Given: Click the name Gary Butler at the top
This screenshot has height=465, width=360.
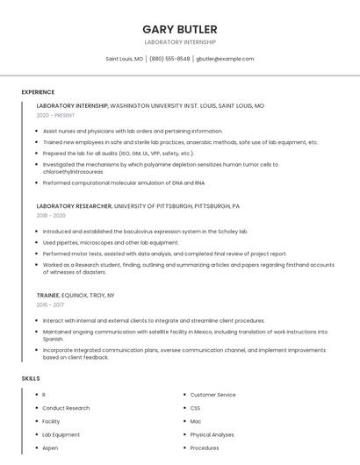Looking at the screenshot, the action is (x=180, y=28).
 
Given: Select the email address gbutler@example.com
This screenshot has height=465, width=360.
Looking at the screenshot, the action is (x=225, y=59).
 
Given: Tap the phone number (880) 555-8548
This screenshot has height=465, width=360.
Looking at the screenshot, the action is (x=169, y=59).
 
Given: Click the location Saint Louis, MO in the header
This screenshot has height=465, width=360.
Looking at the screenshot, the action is (x=125, y=59).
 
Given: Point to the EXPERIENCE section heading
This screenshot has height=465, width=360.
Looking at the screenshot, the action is (x=38, y=92).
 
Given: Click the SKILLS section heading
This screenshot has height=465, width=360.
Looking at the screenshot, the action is (x=31, y=378).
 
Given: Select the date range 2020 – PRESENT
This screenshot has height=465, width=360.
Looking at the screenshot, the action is (x=55, y=115).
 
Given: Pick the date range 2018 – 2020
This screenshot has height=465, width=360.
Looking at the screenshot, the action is (x=51, y=215).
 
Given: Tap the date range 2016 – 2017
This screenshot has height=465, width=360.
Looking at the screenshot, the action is (x=50, y=305).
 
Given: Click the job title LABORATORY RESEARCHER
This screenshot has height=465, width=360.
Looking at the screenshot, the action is (x=74, y=205).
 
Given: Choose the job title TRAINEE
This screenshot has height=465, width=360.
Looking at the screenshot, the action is (x=48, y=296).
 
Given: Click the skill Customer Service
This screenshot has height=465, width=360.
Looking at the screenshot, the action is (x=213, y=395).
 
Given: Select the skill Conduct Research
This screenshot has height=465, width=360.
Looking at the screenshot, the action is (x=66, y=408).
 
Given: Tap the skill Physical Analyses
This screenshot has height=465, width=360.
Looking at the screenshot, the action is (x=212, y=434).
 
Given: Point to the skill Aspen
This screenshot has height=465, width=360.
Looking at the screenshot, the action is (x=50, y=447).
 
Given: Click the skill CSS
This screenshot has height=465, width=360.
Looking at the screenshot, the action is (x=196, y=408).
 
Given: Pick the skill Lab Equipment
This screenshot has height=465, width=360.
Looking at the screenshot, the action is (x=61, y=434).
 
